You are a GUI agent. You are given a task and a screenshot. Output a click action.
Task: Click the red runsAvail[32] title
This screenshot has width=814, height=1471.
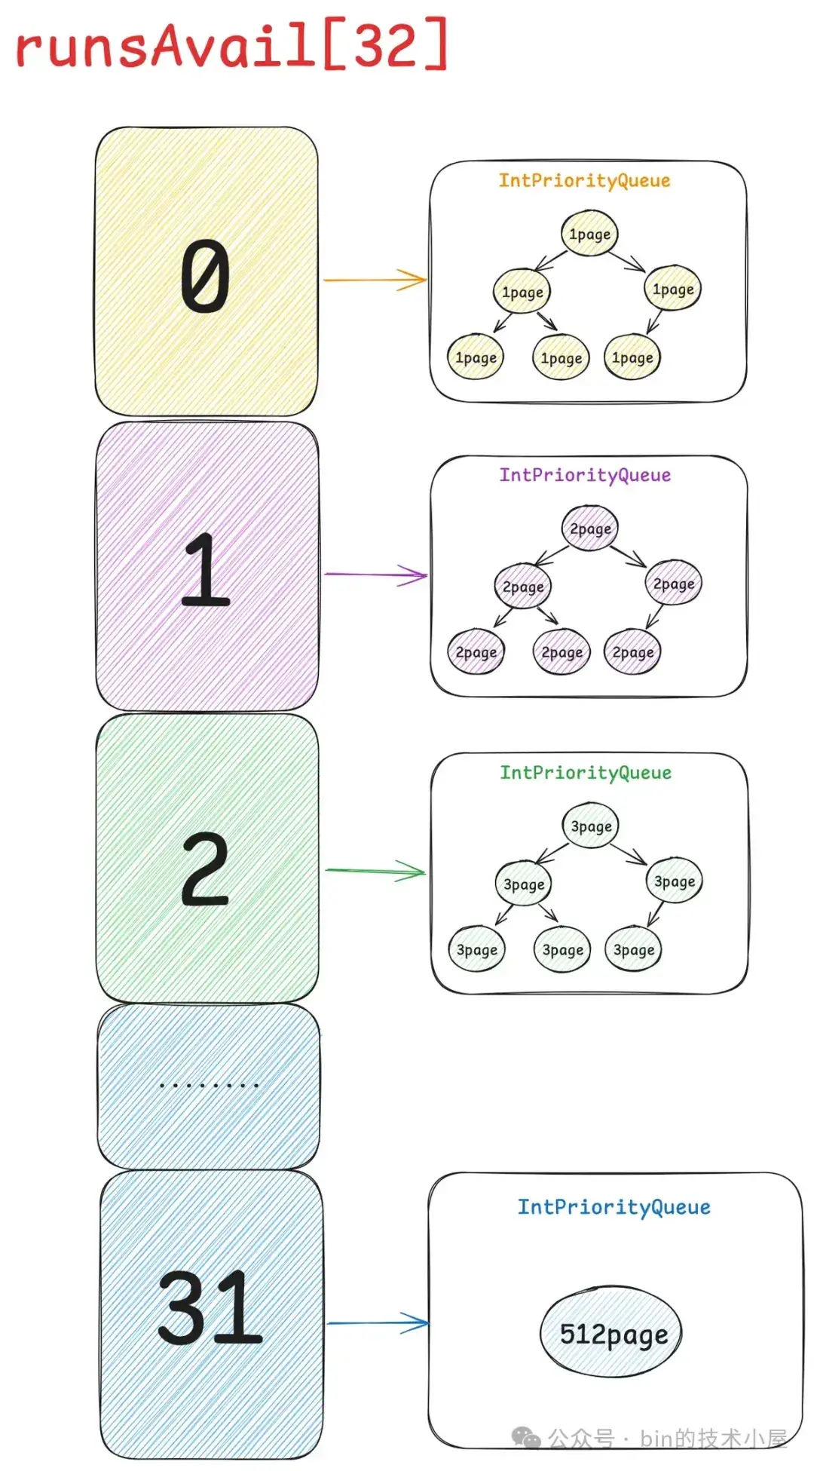(232, 44)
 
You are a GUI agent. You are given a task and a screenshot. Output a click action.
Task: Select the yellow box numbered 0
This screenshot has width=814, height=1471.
(206, 271)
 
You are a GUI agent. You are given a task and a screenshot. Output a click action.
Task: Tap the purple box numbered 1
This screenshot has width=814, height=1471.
(207, 566)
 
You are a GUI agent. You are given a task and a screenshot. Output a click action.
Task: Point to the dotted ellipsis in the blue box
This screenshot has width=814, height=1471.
(209, 1086)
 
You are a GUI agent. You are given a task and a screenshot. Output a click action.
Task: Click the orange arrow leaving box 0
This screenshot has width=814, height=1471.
(375, 280)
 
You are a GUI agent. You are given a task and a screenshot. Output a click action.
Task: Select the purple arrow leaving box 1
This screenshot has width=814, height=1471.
(375, 575)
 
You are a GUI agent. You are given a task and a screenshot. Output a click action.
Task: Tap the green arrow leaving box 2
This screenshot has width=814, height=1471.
(375, 871)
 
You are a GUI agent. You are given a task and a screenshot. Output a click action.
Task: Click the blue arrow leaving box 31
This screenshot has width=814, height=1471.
(377, 1322)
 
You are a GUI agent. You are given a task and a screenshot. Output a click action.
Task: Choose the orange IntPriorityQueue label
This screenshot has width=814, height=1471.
(584, 181)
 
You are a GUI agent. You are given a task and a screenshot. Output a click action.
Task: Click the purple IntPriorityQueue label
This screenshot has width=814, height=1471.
(585, 475)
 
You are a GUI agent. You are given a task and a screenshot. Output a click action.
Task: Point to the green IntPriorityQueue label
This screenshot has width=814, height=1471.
(586, 773)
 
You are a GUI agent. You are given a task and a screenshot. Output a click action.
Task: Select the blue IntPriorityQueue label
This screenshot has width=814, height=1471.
(614, 1207)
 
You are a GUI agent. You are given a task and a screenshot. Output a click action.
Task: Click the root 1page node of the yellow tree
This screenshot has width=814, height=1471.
(589, 234)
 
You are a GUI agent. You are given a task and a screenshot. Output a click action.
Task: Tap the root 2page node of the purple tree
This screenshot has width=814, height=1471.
(590, 529)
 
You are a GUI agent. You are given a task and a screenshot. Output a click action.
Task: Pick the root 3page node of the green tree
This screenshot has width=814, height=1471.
(591, 826)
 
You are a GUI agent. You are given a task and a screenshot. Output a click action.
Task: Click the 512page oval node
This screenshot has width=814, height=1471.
(611, 1334)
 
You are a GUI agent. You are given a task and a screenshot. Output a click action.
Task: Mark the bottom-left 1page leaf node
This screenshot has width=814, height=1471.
(476, 357)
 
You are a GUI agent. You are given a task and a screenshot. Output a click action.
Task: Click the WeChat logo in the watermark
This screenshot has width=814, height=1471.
(526, 1438)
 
